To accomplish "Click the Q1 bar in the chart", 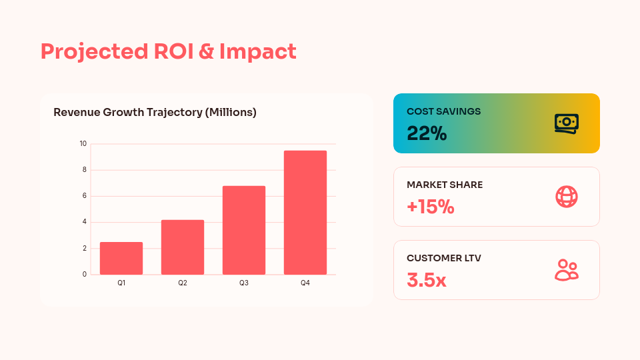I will [121, 258].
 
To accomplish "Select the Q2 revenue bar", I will [183, 247].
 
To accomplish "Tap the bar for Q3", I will [244, 230].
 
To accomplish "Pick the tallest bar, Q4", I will [305, 213].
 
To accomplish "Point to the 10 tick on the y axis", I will [83, 143].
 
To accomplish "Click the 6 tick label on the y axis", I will [84, 196].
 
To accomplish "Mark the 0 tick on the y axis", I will [84, 274].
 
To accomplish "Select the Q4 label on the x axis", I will [305, 283].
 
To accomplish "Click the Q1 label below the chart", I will [121, 283].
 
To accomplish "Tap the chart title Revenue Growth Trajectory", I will [155, 113].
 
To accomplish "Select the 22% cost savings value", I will [427, 133].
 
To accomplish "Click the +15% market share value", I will [431, 207].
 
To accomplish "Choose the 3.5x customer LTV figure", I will [427, 280].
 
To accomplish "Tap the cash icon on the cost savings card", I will [566, 123].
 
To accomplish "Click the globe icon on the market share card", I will [566, 197].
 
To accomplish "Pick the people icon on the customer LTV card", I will [566, 270].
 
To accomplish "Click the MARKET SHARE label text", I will [445, 185].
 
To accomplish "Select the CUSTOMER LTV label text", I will [444, 258].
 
